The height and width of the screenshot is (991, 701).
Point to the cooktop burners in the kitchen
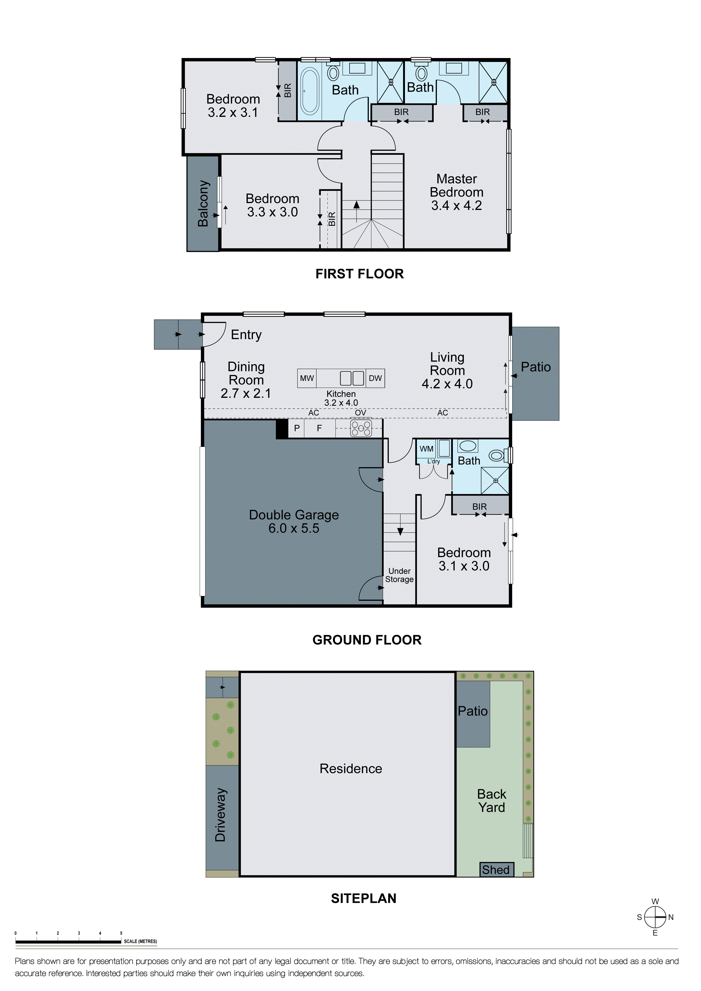(361, 428)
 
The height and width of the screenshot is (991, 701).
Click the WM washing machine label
(427, 449)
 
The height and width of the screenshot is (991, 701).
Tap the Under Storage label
(399, 575)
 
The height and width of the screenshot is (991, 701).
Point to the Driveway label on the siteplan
(220, 815)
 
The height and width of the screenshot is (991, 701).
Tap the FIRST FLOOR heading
(360, 274)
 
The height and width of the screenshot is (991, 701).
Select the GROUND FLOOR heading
(367, 640)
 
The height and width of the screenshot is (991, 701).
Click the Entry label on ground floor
(246, 335)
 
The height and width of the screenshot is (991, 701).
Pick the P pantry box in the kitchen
(297, 428)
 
